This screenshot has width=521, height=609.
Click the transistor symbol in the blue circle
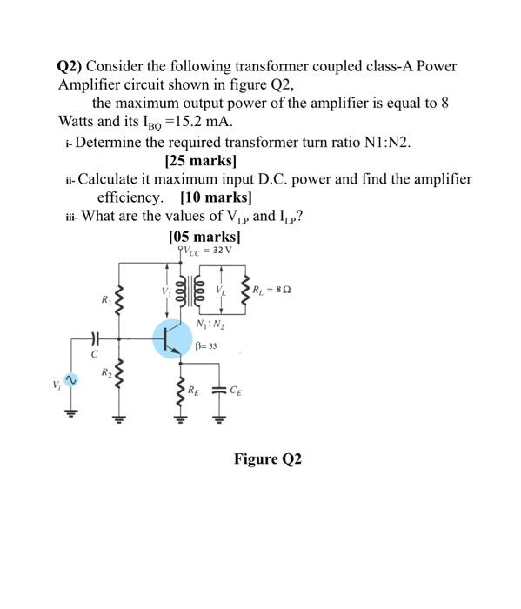pos(173,338)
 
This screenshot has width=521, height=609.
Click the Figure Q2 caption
pos(267,458)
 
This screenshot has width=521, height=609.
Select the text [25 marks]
pos(200,161)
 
